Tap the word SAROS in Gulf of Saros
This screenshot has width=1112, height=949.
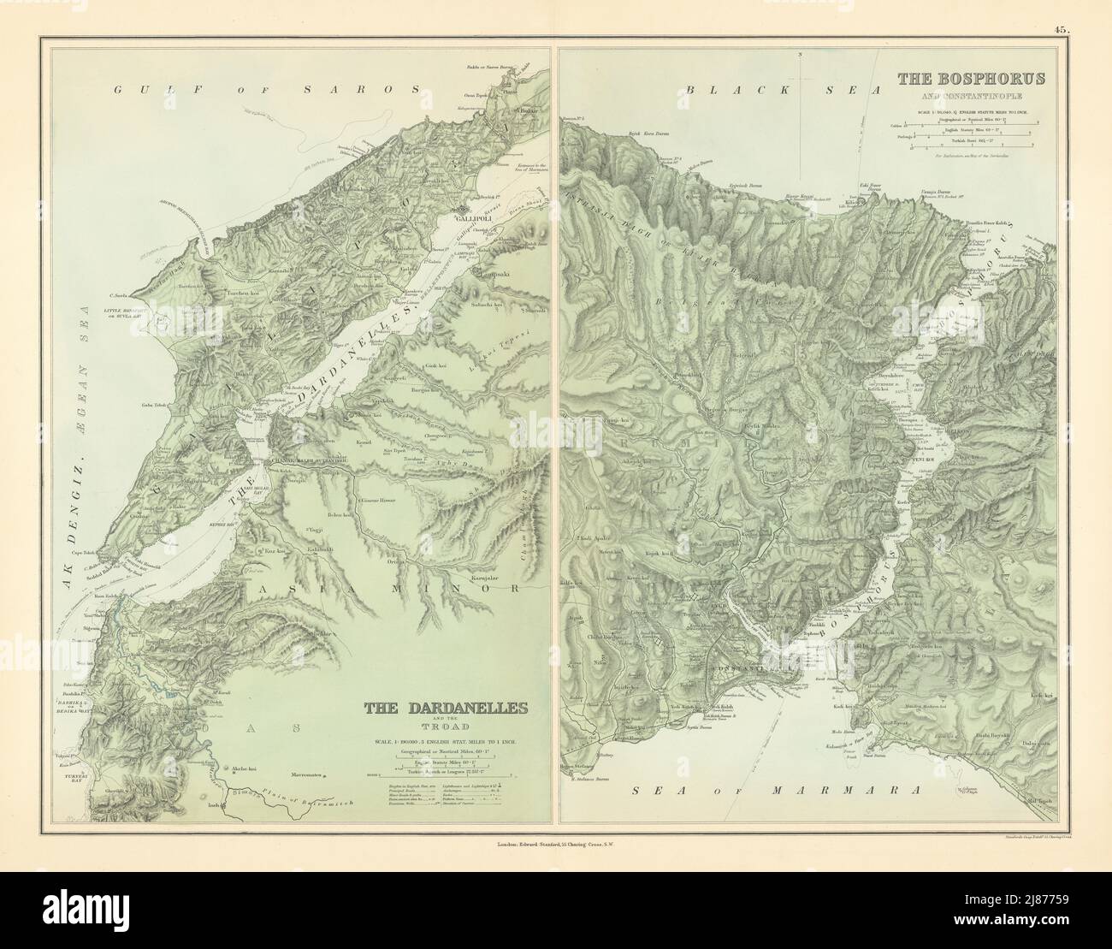[x=380, y=89]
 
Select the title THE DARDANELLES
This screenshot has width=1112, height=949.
[x=445, y=708]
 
